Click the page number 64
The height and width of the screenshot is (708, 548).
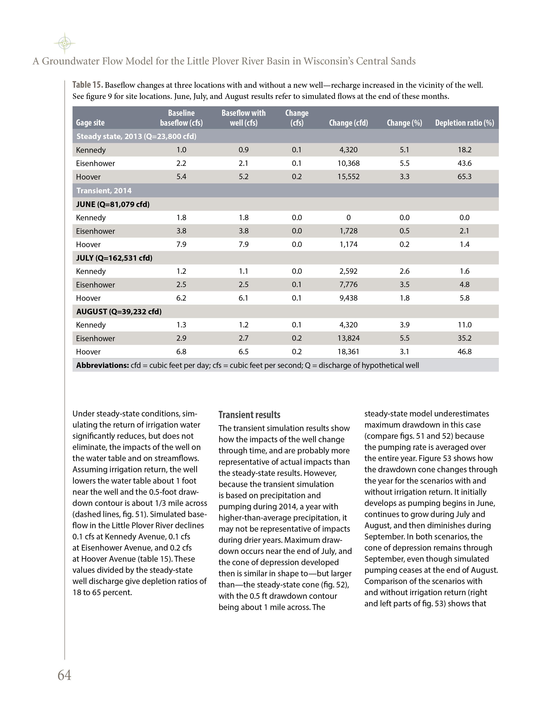[x=64, y=675]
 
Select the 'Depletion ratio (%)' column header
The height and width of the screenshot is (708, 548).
[x=464, y=123]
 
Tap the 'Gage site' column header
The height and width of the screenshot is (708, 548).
[x=90, y=123]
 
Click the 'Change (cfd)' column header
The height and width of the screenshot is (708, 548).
[x=348, y=123]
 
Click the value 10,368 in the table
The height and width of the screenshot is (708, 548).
[x=348, y=163]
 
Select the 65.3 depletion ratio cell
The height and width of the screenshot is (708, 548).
[x=464, y=177]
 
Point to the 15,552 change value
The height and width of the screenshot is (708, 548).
[x=348, y=177]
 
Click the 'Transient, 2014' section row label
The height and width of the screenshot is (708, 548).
[x=104, y=191]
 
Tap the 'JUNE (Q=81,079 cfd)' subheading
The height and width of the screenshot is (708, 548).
[x=113, y=204]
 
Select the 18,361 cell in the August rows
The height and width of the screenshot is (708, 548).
[x=348, y=352]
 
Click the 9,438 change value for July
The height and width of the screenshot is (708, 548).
[x=348, y=298]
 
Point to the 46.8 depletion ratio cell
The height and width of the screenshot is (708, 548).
[x=464, y=352]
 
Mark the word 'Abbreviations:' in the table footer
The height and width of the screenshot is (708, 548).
[x=103, y=365]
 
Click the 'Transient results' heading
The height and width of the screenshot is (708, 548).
[x=249, y=415]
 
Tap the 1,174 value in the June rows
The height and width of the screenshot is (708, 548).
[x=348, y=244]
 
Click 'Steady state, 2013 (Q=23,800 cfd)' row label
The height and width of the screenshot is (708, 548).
[x=136, y=136]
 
